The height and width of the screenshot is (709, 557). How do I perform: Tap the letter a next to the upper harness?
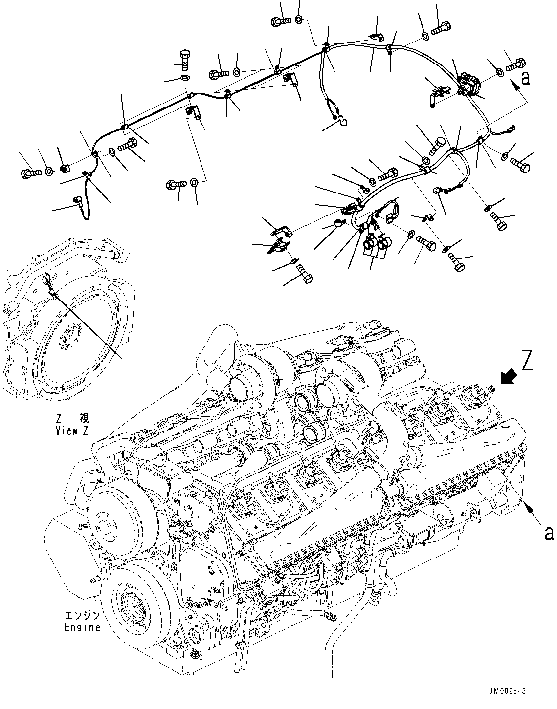point(525,78)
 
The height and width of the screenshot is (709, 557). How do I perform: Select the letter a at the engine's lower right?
point(549,533)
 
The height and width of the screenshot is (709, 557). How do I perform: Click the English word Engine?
point(82,627)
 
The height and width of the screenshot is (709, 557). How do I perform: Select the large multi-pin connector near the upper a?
point(469,84)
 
